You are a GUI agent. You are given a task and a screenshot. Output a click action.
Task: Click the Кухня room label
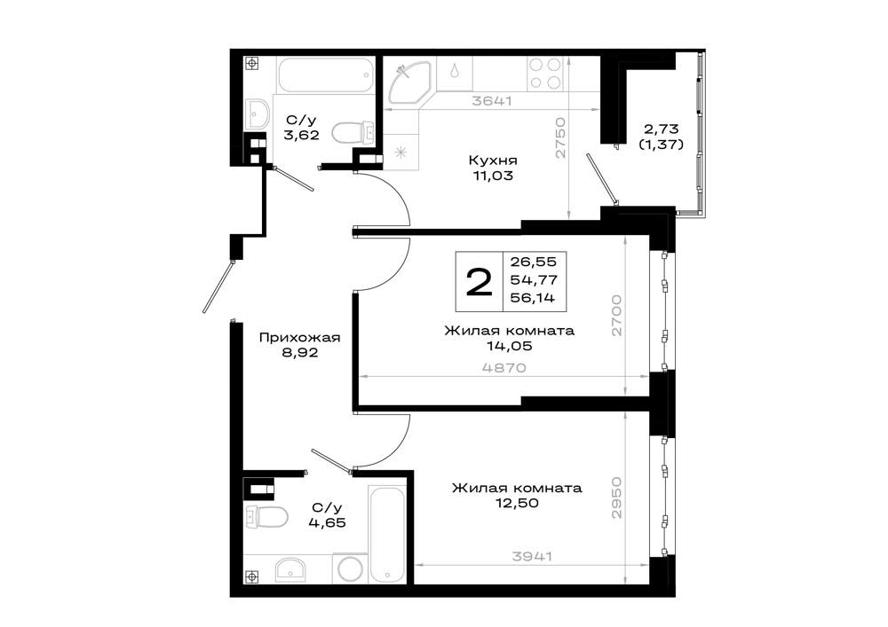[x=492, y=161]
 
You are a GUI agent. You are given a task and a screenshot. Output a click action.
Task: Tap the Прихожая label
[x=299, y=338]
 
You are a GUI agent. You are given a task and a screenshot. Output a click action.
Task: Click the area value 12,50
[x=516, y=503]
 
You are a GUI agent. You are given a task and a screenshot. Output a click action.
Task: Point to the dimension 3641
[x=493, y=100]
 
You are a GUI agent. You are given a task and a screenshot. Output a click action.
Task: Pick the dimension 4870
[x=504, y=367]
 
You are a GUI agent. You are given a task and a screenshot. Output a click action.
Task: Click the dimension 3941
[x=532, y=556]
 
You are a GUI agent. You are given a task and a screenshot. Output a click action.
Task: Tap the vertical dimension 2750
[x=560, y=137]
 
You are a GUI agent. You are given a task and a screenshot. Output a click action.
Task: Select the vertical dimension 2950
[x=616, y=498]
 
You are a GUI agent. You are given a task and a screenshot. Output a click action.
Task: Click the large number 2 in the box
[x=480, y=281]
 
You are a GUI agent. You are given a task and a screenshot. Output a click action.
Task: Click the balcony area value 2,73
[x=661, y=129]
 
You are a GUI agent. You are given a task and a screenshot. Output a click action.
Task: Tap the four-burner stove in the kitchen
[x=545, y=74]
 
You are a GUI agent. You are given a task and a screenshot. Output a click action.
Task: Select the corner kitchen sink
[x=408, y=82]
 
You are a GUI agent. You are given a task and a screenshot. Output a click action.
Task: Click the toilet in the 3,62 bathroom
[x=352, y=133]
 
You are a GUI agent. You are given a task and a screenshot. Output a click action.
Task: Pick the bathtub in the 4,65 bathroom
[x=387, y=534]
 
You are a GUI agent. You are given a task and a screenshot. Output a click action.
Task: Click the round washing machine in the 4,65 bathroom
[x=350, y=568]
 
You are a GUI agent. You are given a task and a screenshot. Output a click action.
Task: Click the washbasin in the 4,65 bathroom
[x=290, y=568]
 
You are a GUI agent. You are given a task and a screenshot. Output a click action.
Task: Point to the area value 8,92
[x=299, y=353]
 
